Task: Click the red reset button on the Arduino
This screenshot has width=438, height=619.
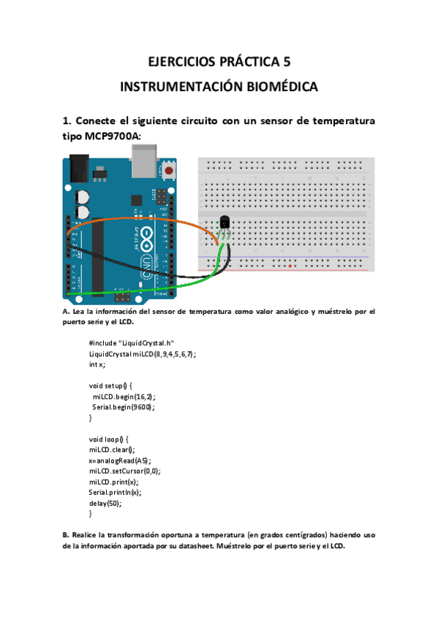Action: pyautogui.click(x=170, y=172)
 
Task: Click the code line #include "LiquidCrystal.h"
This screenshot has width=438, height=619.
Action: pyautogui.click(x=132, y=343)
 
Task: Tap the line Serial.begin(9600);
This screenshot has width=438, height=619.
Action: pyautogui.click(x=124, y=407)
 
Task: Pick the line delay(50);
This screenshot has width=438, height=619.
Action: pyautogui.click(x=105, y=503)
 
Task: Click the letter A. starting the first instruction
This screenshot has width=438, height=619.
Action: pyautogui.click(x=67, y=312)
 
